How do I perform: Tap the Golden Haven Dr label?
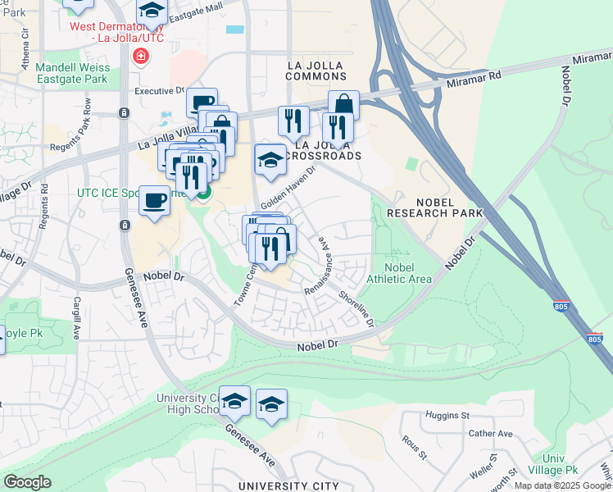[x=288, y=189]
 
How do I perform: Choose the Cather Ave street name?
[x=490, y=433]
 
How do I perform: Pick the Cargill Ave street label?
[x=76, y=317]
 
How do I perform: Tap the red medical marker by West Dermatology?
[x=140, y=57]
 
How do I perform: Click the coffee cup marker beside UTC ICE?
[x=154, y=199]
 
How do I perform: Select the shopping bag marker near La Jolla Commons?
[x=343, y=104]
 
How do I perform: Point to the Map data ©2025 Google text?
[x=562, y=485]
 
